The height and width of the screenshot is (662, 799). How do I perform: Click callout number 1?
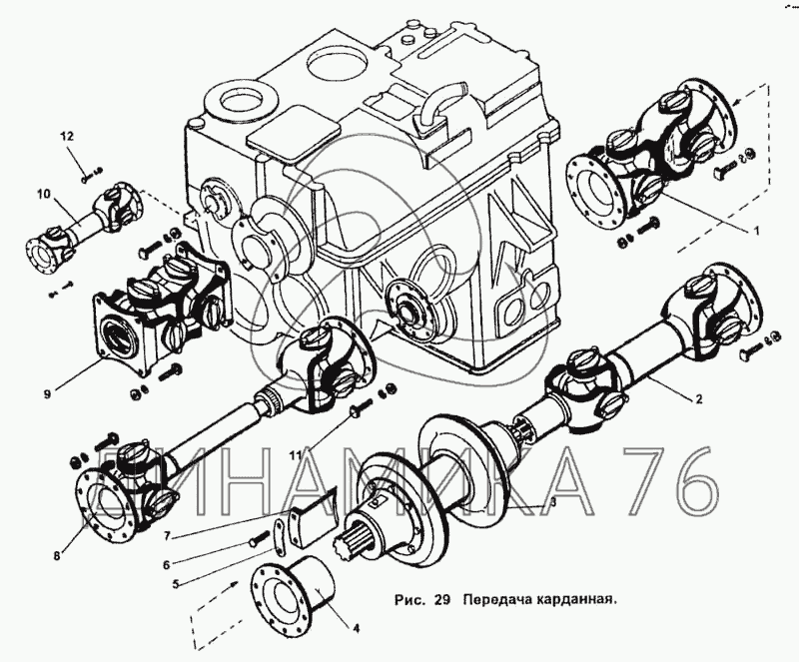coord(756,232)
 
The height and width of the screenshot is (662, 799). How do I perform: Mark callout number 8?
coord(57,556)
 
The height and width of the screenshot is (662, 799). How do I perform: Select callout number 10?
coord(44,193)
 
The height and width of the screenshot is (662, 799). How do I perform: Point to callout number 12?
coord(68,135)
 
